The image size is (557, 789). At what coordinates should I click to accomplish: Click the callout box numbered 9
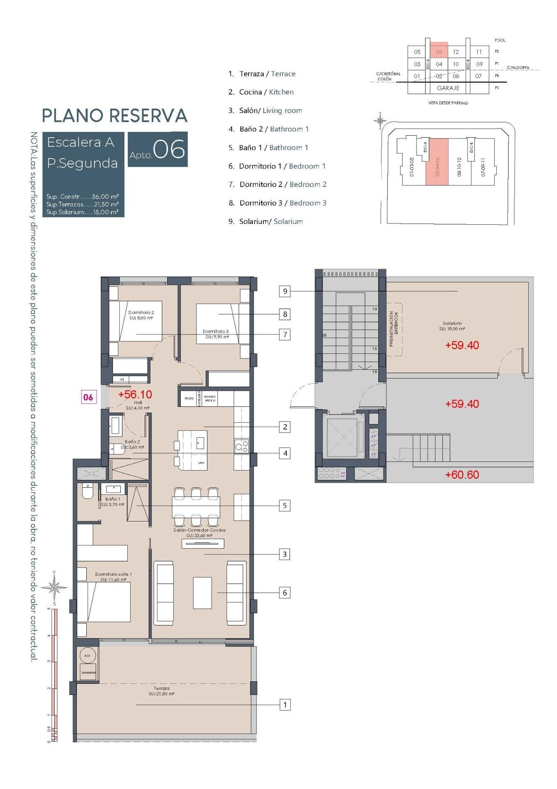(285, 291)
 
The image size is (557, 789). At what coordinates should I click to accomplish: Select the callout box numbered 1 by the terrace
(285, 705)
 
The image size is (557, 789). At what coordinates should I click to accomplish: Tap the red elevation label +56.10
(135, 394)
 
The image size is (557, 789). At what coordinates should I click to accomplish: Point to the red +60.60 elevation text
(462, 475)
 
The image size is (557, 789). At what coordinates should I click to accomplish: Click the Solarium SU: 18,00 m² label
(452, 326)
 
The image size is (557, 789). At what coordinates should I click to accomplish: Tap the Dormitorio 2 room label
(141, 315)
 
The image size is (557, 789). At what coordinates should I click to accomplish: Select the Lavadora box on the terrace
(88, 672)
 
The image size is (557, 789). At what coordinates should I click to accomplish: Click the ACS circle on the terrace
(87, 655)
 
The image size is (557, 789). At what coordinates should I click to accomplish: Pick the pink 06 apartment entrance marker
(88, 397)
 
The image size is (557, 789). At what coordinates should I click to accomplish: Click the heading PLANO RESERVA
(115, 116)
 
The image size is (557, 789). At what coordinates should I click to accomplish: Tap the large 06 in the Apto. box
(169, 150)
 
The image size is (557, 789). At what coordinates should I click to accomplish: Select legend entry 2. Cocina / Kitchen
(261, 92)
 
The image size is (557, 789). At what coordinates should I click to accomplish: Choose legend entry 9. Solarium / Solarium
(266, 221)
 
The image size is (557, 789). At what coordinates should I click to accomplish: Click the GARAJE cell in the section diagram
(448, 88)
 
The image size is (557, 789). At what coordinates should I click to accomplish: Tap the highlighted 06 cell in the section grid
(439, 52)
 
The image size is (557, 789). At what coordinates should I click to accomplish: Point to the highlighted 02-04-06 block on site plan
(437, 162)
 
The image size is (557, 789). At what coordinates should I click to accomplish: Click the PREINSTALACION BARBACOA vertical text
(394, 328)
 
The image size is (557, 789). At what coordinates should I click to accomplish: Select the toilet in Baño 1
(87, 491)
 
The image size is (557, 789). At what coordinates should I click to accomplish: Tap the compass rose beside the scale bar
(54, 587)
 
